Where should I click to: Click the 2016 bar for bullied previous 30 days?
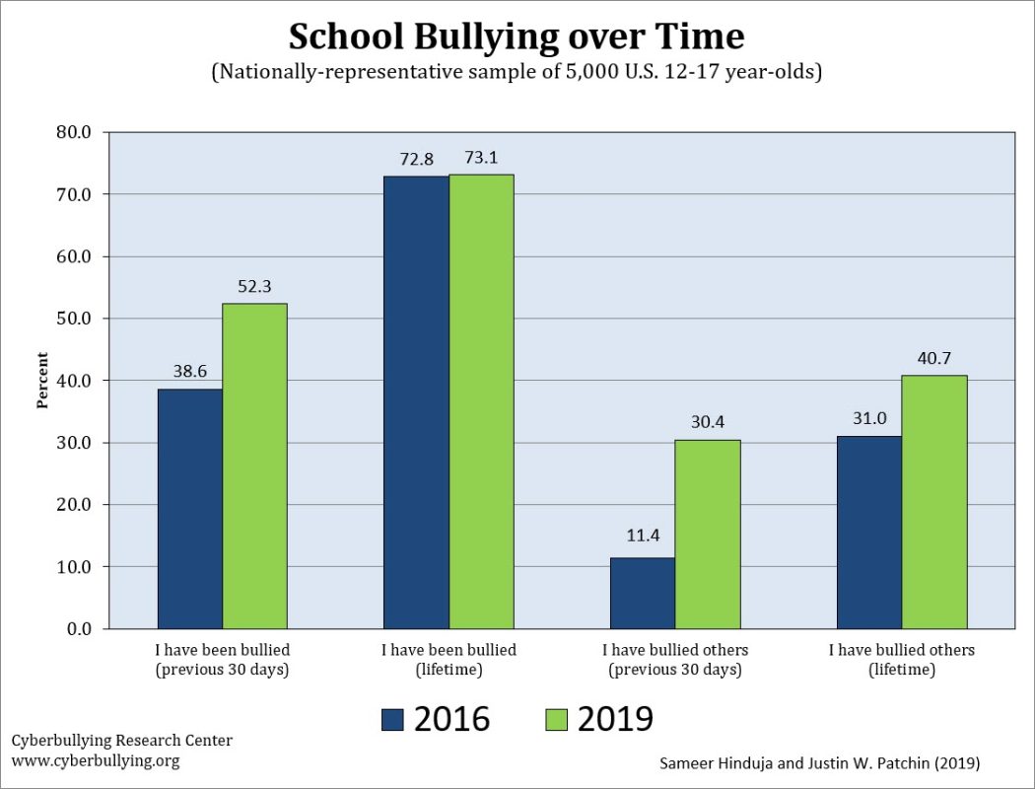tap(189, 508)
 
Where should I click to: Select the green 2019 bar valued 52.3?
tap(254, 466)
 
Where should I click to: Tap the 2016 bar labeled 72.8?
tap(416, 402)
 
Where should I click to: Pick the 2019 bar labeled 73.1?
tap(481, 401)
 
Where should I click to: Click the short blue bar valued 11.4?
tap(643, 593)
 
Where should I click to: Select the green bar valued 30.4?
tap(708, 534)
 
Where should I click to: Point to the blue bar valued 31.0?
tap(868, 532)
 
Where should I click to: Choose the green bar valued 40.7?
tap(933, 502)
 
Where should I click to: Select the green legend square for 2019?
tap(556, 720)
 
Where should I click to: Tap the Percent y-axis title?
tap(42, 381)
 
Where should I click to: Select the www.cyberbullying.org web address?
tap(96, 760)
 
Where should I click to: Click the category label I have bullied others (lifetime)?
tap(901, 659)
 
